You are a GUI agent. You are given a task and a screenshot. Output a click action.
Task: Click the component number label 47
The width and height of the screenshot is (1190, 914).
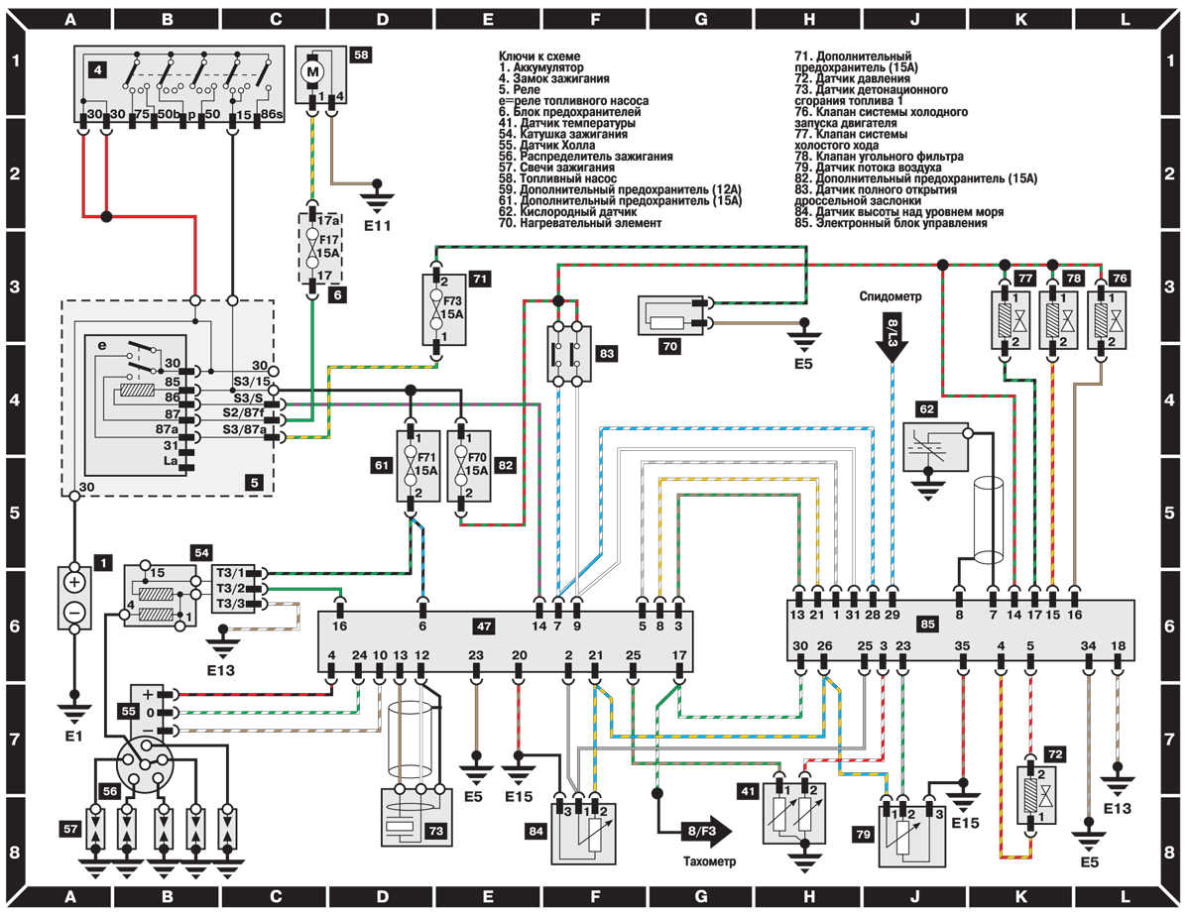coord(485,626)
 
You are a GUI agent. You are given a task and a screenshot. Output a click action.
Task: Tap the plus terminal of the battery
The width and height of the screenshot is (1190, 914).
coord(74,581)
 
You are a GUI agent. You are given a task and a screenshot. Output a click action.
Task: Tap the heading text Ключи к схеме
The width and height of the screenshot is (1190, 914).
coord(538,59)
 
